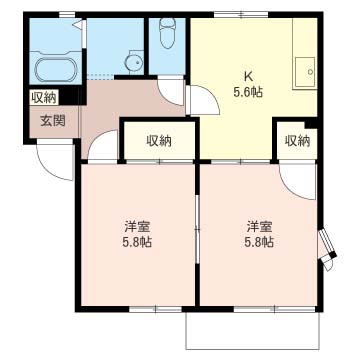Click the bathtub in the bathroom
pos(55,69)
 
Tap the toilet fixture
pos(167,33)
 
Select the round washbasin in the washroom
pos(135,62)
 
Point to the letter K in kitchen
pos(248,77)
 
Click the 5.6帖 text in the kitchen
pos(248,92)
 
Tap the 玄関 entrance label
pos(53,121)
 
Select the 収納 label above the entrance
pos(43,97)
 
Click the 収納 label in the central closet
pos(159,141)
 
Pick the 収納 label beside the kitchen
pos(297,141)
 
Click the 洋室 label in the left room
pos(137,227)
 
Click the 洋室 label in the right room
pos(259,227)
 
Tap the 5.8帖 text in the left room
pos(137,242)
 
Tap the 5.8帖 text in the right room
pos(259,242)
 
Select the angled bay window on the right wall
pos(327,248)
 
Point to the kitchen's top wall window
pos(241,14)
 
